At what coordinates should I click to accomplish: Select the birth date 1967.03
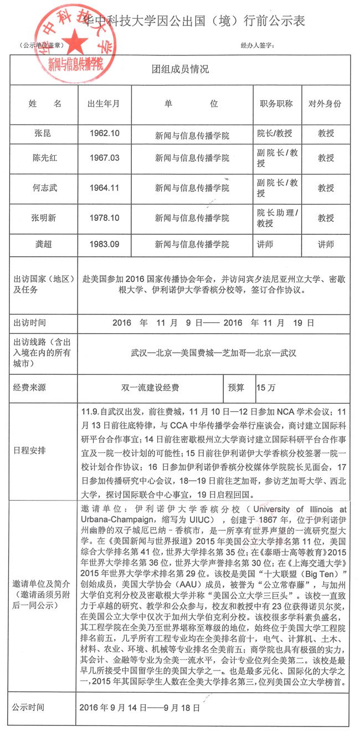105,158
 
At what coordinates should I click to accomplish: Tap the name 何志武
45,188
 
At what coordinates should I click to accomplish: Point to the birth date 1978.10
105,218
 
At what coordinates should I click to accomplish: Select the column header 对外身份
326,104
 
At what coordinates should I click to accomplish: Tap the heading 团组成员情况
180,70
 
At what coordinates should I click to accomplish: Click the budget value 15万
265,388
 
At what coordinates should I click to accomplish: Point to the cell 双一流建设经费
150,388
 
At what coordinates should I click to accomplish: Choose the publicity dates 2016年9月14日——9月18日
140,707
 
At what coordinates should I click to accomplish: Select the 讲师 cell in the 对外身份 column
326,244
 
